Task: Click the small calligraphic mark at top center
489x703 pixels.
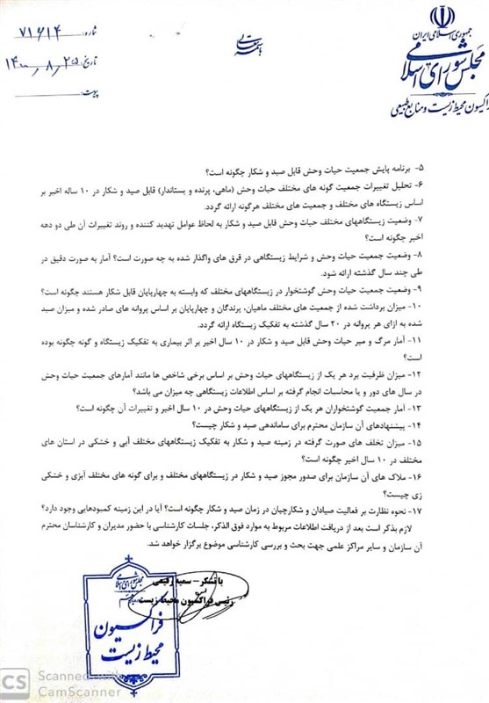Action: tap(247, 39)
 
